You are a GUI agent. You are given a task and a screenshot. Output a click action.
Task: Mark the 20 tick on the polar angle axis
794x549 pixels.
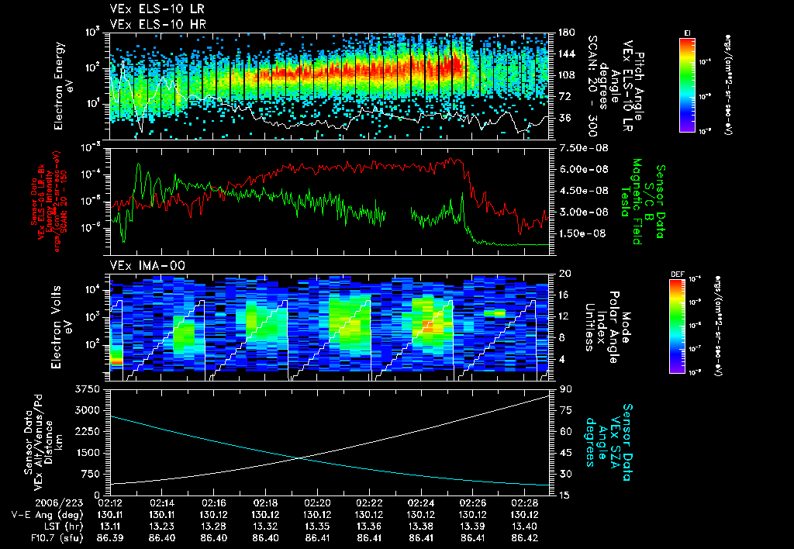coord(561,274)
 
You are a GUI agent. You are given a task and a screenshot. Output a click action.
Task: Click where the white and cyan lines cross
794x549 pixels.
coord(300,457)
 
